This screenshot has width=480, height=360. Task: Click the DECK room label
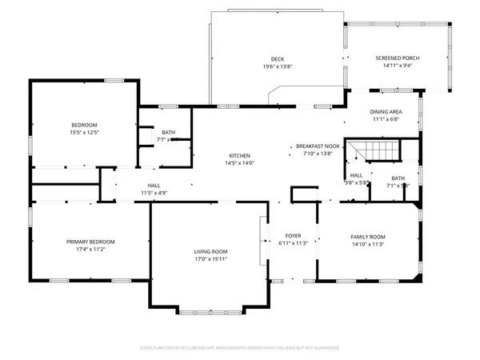click(x=278, y=58)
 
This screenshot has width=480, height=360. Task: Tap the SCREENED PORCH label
click(x=398, y=58)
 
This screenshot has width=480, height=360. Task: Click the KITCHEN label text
click(x=240, y=155)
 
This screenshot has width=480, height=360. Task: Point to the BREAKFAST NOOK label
click(x=318, y=146)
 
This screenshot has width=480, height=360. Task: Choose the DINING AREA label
click(x=385, y=111)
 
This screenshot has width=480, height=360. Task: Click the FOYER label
click(x=293, y=236)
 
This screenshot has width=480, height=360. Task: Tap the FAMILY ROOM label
click(x=368, y=237)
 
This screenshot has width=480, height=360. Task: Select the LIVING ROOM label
click(x=211, y=251)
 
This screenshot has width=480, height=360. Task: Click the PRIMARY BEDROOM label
click(x=90, y=242)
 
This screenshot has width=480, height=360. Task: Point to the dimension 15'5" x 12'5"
click(x=84, y=133)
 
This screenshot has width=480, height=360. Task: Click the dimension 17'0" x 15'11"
click(x=211, y=259)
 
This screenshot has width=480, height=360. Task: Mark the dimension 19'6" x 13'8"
click(x=278, y=66)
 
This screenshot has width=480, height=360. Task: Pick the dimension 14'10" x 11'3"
click(x=368, y=245)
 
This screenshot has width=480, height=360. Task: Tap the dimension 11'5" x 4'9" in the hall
click(x=154, y=193)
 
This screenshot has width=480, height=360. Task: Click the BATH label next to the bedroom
click(x=168, y=132)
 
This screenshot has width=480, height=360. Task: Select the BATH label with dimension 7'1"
click(x=398, y=178)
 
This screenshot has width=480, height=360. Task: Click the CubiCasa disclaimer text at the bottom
click(x=240, y=348)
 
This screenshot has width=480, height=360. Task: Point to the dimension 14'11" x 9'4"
click(x=398, y=66)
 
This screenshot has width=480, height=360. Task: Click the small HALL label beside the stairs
click(x=356, y=175)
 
